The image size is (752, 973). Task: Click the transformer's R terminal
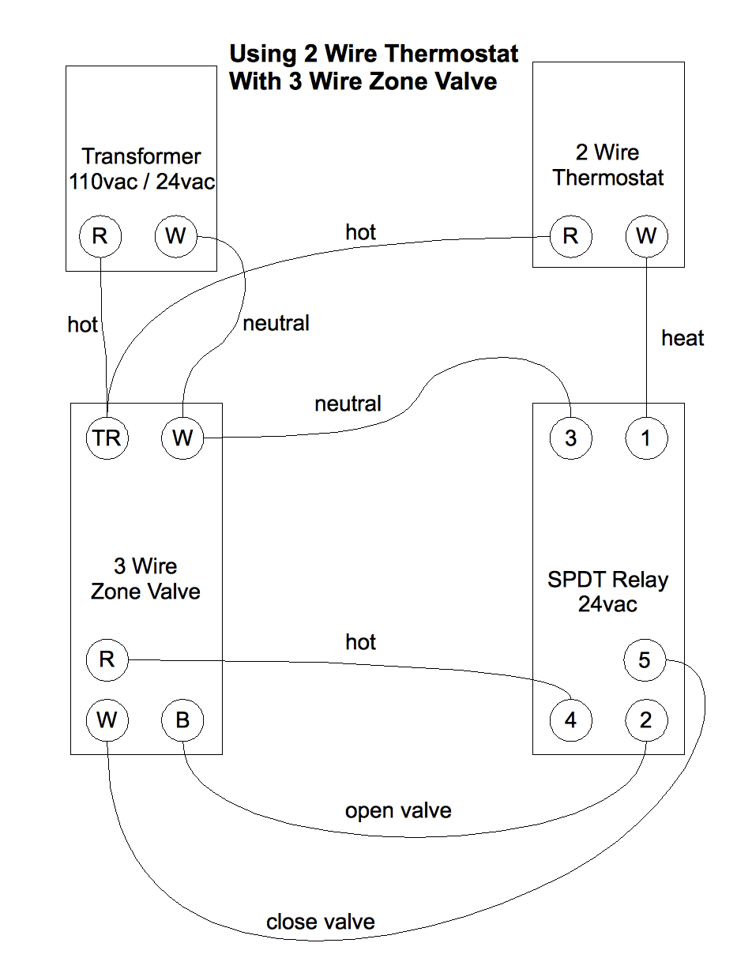(x=100, y=236)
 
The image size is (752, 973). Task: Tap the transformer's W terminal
(x=175, y=236)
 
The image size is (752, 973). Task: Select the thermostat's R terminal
(x=570, y=236)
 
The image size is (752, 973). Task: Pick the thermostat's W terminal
(x=646, y=236)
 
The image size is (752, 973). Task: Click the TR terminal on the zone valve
(x=107, y=438)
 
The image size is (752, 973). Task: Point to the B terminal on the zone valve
(x=182, y=720)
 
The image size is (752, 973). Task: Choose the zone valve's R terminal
(x=107, y=660)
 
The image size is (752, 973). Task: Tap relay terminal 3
(x=570, y=438)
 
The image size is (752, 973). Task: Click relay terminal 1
(x=646, y=438)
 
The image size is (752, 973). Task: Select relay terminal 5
(x=645, y=660)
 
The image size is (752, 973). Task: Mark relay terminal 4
(x=570, y=720)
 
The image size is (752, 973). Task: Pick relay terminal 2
(x=646, y=720)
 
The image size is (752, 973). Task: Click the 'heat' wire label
(x=682, y=338)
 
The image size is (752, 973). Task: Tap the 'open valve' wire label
(x=398, y=811)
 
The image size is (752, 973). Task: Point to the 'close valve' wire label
(x=320, y=922)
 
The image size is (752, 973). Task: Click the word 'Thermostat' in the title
(x=452, y=54)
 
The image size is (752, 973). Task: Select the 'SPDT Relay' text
(x=607, y=580)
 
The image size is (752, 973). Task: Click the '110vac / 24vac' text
(x=141, y=182)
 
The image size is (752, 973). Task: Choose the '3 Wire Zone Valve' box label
(x=145, y=579)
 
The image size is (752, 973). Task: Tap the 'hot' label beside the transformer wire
(x=82, y=325)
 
